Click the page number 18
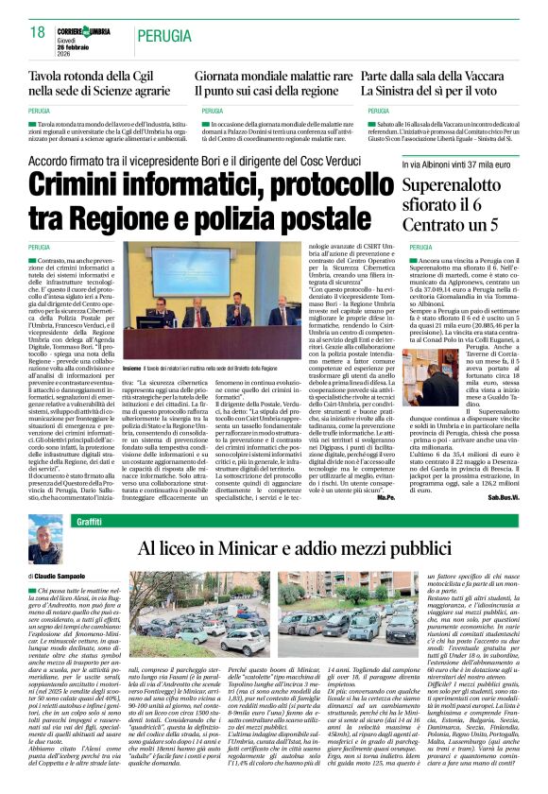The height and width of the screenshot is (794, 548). click(x=38, y=32)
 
